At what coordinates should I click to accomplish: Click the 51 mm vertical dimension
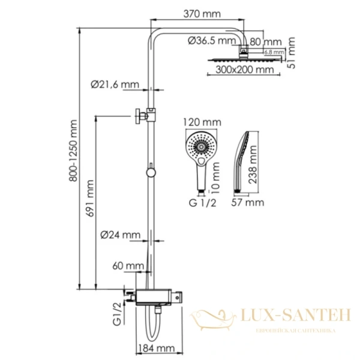click(291, 53)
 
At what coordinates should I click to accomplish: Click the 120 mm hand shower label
click(204, 122)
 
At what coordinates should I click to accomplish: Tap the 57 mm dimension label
click(247, 203)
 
